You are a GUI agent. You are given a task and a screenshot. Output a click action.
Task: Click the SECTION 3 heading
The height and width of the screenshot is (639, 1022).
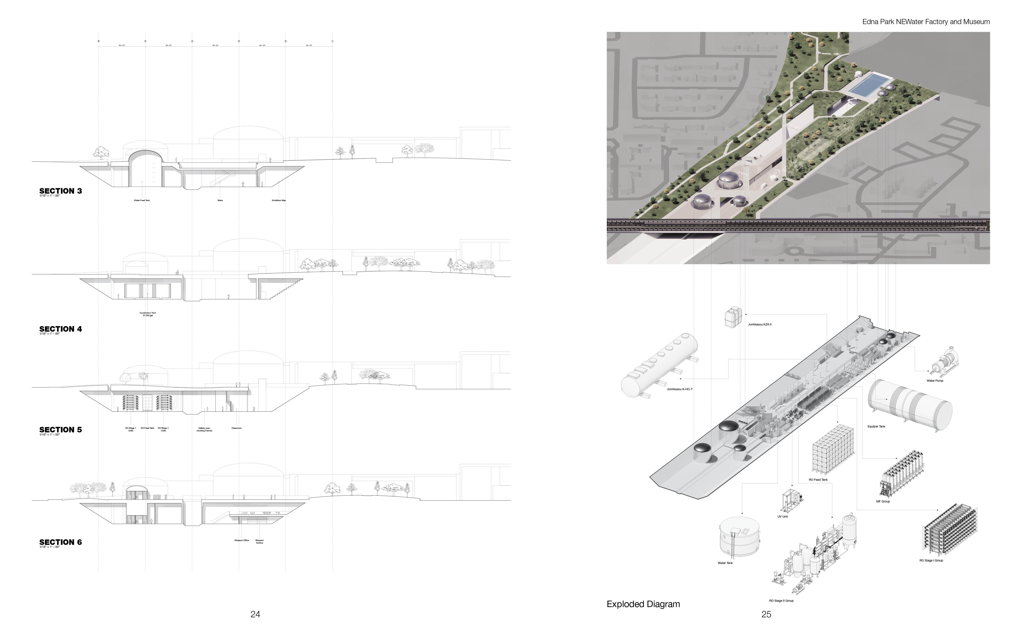coord(60,191)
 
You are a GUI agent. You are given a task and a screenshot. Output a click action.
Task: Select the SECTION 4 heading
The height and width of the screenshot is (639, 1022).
coord(60,329)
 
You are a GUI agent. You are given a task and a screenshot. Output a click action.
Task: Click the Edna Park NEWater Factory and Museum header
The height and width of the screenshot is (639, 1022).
coord(926,22)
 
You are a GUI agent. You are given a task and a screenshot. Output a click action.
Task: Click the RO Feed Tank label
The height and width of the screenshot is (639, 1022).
coord(818,480)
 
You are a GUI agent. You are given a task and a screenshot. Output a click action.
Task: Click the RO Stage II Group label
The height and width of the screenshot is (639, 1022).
coord(781,600)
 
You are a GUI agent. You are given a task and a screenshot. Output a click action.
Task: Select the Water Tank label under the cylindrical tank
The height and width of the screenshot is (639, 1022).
coord(725,563)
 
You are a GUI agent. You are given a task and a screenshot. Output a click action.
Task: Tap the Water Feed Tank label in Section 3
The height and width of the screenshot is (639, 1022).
coord(142,200)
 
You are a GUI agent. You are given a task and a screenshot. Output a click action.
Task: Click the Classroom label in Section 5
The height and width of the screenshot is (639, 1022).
coord(237,428)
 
